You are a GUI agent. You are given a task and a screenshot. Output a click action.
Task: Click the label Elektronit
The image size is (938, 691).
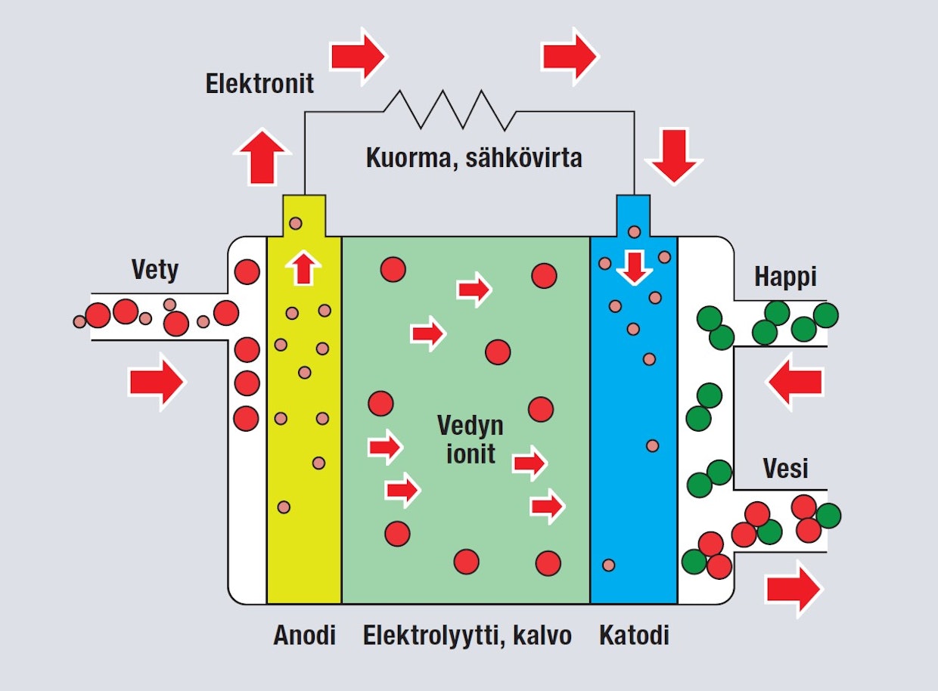[x=259, y=84]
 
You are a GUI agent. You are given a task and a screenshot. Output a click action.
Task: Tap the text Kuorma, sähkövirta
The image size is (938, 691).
[x=474, y=158]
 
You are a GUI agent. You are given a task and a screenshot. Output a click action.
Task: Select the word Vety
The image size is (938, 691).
[x=155, y=271]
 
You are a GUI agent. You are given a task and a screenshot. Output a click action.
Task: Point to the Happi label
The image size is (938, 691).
[x=785, y=277]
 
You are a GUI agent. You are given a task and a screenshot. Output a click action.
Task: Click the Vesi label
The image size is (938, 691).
[x=785, y=468]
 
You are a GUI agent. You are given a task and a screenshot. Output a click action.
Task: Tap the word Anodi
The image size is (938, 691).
[x=304, y=635]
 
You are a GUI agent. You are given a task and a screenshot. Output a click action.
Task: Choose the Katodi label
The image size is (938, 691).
[x=634, y=635]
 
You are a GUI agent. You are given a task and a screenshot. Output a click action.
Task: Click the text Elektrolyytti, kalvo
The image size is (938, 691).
[x=467, y=636]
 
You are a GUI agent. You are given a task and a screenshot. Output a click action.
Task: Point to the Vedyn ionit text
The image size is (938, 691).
[x=471, y=439]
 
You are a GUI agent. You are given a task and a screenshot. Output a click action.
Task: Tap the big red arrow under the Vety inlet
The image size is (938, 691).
[x=157, y=382]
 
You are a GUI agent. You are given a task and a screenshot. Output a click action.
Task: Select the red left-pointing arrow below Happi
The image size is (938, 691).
[x=795, y=382]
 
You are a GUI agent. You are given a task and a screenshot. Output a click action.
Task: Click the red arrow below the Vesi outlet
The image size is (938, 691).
[x=794, y=589]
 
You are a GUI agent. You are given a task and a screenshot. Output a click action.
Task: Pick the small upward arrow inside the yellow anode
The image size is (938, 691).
[x=303, y=268]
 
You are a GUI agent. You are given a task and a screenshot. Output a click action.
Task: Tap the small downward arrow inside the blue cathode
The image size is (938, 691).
[x=635, y=268]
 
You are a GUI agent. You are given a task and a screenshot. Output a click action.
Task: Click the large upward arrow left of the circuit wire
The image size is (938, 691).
[x=262, y=156]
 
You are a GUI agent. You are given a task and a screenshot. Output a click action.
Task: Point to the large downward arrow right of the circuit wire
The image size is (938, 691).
[x=674, y=156]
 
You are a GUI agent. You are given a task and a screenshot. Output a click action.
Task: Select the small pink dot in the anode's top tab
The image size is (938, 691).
[x=296, y=224]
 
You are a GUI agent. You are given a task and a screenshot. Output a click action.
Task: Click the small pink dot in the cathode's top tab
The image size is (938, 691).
[x=635, y=232]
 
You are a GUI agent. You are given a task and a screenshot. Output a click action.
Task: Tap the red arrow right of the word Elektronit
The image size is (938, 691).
[x=359, y=57]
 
